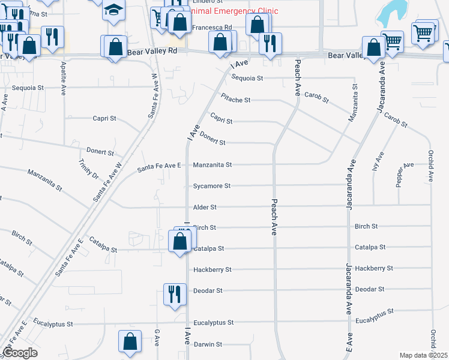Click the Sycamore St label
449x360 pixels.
[211, 186]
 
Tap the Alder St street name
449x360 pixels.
[205, 207]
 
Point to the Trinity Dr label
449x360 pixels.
[88, 169]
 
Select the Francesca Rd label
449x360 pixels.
[211, 28]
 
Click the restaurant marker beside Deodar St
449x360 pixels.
[175, 294]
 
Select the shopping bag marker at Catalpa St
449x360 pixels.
[180, 241]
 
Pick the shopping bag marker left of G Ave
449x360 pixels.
[130, 341]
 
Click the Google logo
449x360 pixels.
[20, 353]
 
